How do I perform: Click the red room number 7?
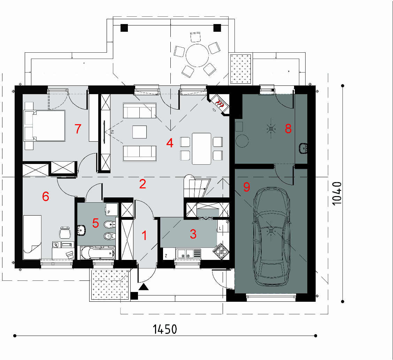pyautogui.click(x=78, y=129)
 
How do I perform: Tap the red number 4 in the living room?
pyautogui.click(x=170, y=143)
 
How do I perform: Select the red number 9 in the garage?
pyautogui.click(x=247, y=187)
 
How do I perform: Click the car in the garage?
pyautogui.click(x=271, y=237)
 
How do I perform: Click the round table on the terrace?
pyautogui.click(x=197, y=55)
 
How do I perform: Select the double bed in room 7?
pyautogui.click(x=44, y=126)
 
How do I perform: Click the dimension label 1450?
pyautogui.click(x=165, y=329)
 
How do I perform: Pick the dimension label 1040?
pyautogui.click(x=337, y=193)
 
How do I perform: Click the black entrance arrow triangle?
pyautogui.click(x=143, y=287)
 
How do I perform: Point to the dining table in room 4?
pyautogui.click(x=201, y=149)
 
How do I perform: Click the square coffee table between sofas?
pyautogui.click(x=140, y=132)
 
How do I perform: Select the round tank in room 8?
pyautogui.click(x=242, y=141)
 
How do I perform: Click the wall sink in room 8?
pyautogui.click(x=303, y=148)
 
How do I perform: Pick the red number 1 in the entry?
pyautogui.click(x=144, y=236)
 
